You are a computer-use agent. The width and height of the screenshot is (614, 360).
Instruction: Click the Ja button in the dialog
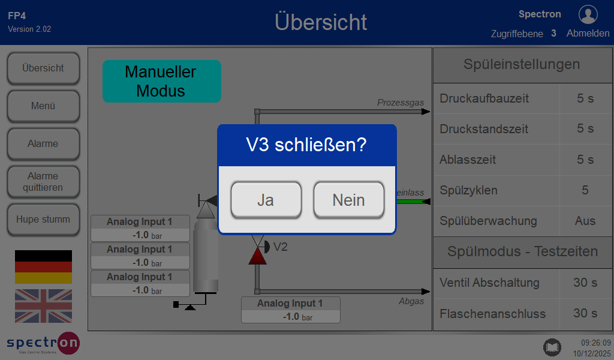click(x=266, y=200)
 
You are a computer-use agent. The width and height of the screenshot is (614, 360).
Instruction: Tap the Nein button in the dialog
click(x=348, y=200)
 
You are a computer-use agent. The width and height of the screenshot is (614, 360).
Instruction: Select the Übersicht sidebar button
click(x=43, y=68)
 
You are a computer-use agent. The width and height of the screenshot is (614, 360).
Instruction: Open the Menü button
click(x=43, y=106)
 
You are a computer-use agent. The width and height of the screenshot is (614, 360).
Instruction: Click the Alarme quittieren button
click(x=43, y=182)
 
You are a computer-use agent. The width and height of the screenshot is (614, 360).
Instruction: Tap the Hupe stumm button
click(x=43, y=220)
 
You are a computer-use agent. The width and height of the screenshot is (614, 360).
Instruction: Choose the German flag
click(x=43, y=267)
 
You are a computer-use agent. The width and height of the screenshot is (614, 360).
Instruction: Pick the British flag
click(x=43, y=306)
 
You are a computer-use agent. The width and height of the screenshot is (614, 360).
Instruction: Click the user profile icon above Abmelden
click(x=588, y=14)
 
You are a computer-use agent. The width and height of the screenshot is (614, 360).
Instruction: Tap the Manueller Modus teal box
click(x=162, y=81)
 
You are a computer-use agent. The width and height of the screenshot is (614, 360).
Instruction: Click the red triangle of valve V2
click(x=257, y=256)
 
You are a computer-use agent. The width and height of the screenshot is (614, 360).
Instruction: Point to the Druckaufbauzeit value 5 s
click(x=585, y=98)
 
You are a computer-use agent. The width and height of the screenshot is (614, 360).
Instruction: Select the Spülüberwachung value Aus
click(x=585, y=221)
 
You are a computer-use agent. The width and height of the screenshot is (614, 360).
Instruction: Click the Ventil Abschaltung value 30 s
click(x=585, y=283)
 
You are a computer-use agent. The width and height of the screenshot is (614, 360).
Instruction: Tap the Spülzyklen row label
click(x=468, y=190)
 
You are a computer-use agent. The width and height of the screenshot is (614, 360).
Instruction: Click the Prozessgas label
click(x=401, y=103)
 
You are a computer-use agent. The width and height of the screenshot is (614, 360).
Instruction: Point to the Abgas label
click(x=411, y=301)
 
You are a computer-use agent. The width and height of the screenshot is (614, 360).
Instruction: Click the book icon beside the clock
click(x=552, y=347)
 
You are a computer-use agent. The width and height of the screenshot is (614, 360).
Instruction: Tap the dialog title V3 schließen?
click(x=306, y=145)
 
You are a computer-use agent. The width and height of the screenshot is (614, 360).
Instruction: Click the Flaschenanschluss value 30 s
click(x=585, y=313)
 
